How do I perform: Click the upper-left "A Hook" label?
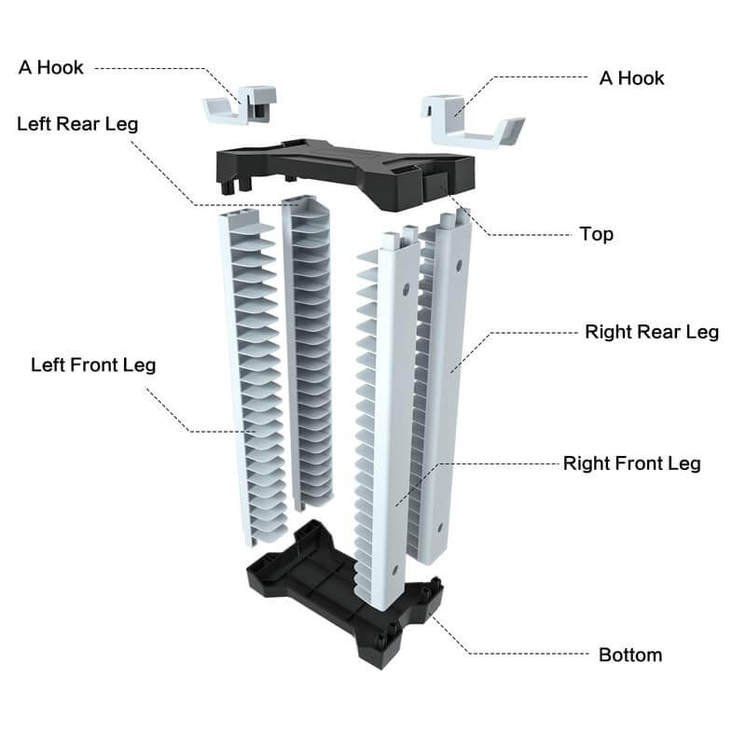coord(50,67)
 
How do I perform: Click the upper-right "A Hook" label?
coord(631,77)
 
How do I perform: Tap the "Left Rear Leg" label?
coord(77,124)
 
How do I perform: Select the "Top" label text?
coord(596,233)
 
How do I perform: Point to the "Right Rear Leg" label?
coord(651,332)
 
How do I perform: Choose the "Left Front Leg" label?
coord(93,364)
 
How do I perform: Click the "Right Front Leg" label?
coord(631,463)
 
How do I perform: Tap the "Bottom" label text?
coord(630,655)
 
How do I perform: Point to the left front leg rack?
coord(250,373)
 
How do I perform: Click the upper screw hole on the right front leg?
coord(405,290)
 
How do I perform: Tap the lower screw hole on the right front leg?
coord(396,568)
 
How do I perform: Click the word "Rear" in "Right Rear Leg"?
coord(656,332)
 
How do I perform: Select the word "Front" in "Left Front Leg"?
coord(95,364)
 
